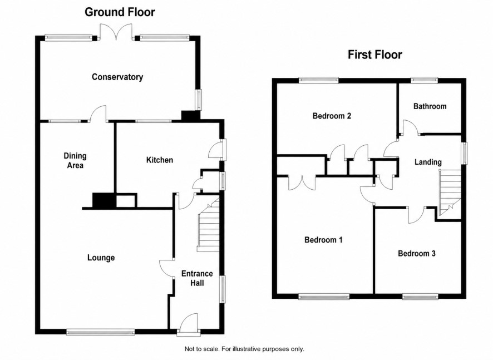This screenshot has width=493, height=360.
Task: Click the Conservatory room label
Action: [x=117, y=77]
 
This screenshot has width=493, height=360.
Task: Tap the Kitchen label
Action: [x=160, y=160]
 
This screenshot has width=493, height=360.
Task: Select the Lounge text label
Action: [x=101, y=258]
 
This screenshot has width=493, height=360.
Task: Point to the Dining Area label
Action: [x=75, y=160]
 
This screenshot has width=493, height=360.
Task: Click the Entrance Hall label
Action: [x=197, y=278]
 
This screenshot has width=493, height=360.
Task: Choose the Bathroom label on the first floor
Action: [x=430, y=106]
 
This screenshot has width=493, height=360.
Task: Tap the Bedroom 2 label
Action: [x=332, y=116]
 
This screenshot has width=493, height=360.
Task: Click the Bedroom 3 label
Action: [x=417, y=253]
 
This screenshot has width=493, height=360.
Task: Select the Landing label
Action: [x=428, y=162]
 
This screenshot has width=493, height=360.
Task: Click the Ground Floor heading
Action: [x=120, y=12]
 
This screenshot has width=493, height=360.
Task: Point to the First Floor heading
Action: [x=375, y=55]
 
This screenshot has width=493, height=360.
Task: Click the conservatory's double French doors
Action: [x=116, y=32]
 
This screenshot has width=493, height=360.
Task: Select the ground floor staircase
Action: [x=209, y=226]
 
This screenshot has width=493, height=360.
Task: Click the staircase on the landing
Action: [x=450, y=193]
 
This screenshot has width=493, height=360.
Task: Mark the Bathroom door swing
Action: [x=410, y=127]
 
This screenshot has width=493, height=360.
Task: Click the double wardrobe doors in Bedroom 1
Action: [x=302, y=183]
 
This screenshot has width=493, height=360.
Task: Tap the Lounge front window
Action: [x=101, y=332]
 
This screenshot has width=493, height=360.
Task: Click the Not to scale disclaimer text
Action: [x=244, y=349]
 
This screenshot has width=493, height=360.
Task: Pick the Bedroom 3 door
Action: [x=417, y=215]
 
